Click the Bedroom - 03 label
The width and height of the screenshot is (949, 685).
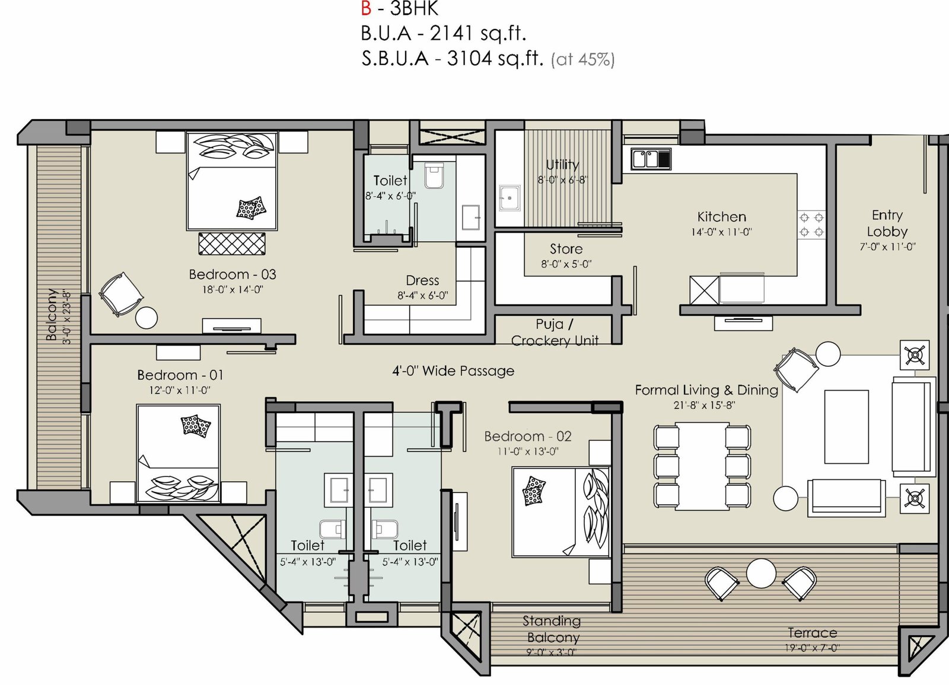click(233, 274)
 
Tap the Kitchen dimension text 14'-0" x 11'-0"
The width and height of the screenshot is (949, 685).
click(721, 232)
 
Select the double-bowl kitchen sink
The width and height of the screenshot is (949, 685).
click(651, 159)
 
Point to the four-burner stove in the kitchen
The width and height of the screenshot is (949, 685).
click(811, 225)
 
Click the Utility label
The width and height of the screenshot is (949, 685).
click(562, 164)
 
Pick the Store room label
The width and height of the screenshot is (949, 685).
click(566, 248)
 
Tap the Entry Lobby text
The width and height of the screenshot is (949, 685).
click(887, 223)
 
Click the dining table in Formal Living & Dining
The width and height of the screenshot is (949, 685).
click(702, 466)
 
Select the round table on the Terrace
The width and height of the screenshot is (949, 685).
click(761, 574)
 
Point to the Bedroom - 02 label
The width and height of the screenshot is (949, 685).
click(528, 436)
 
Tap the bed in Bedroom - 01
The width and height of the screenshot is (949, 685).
click(178, 453)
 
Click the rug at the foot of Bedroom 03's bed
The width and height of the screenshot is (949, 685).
click(232, 244)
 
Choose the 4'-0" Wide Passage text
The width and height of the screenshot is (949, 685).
click(453, 371)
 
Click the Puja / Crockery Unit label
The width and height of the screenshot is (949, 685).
click(555, 332)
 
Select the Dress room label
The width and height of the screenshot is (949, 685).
click(422, 280)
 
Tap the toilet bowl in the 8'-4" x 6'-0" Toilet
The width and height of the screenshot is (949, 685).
click(434, 175)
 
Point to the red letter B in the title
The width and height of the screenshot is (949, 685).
click(366, 8)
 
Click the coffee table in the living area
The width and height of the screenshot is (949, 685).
click(846, 427)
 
